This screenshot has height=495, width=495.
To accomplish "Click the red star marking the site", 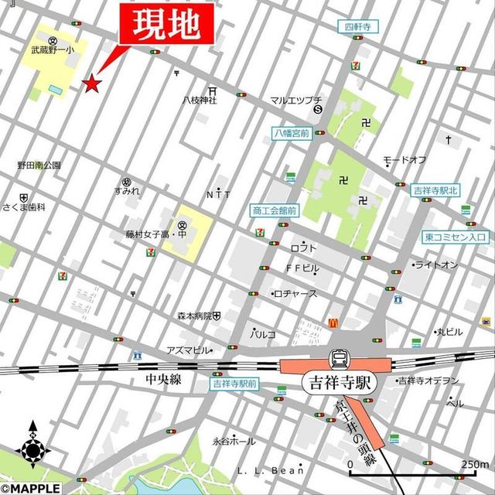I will pyautogui.click(x=93, y=83).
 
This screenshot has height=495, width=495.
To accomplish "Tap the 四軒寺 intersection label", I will pyautogui.click(x=358, y=26).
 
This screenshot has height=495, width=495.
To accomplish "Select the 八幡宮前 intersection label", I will pyautogui.click(x=292, y=133).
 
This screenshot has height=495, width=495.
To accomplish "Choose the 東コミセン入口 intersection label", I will pyautogui.click(x=455, y=237).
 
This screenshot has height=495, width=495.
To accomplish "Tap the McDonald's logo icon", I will pyautogui.click(x=333, y=321).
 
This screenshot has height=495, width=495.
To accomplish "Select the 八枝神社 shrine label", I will pyautogui.click(x=200, y=100).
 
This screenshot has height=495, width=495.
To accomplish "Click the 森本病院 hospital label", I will pyautogui.click(x=194, y=316).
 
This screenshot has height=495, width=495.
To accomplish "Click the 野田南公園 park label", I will pyautogui.click(x=39, y=166).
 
